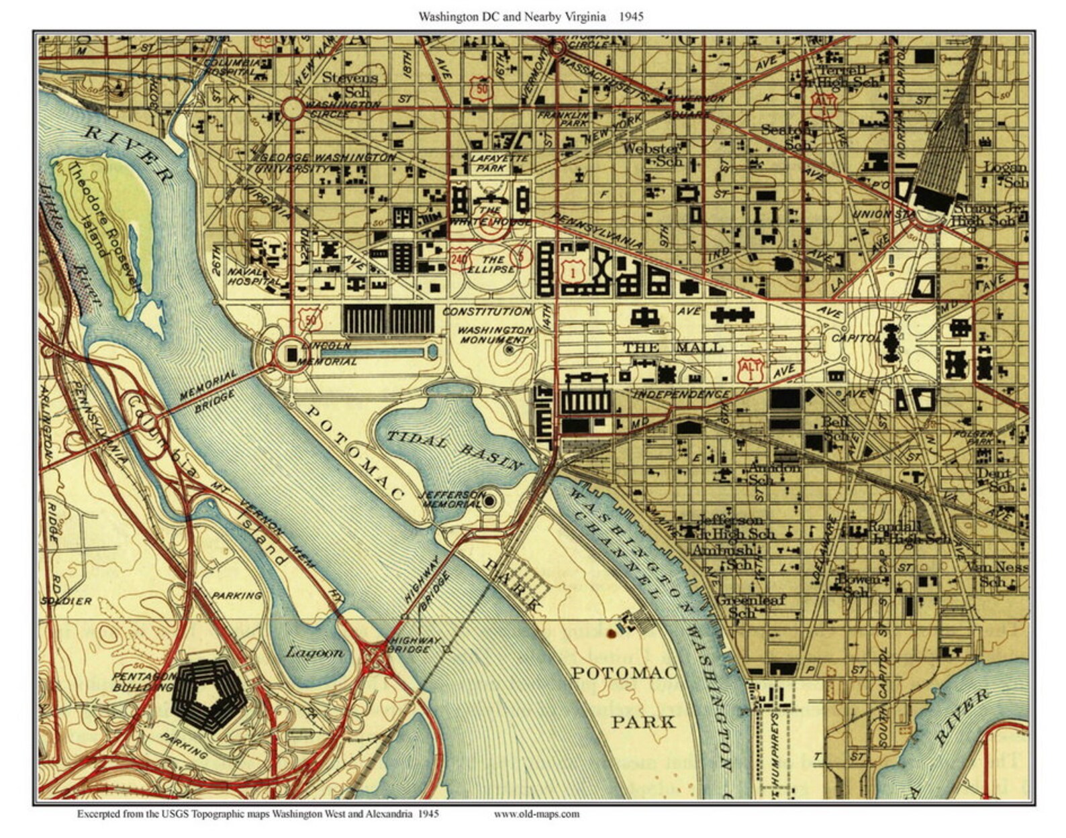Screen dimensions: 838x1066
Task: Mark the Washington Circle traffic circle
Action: [292, 109]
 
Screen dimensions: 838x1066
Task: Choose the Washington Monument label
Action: [495, 335]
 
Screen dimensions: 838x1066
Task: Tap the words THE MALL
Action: [673, 348]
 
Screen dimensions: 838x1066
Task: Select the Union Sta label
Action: [875, 215]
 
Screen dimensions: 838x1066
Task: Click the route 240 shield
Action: [459, 259]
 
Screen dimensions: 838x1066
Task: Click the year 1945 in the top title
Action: [631, 16]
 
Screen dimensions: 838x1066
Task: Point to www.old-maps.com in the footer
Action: [536, 815]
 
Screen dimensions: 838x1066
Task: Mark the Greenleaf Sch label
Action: [750, 606]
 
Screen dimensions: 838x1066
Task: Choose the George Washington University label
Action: [327, 162]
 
